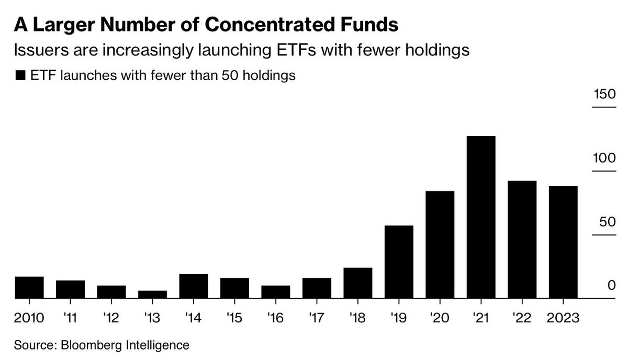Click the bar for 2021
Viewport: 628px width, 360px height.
(x=480, y=217)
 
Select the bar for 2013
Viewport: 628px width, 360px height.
(x=152, y=295)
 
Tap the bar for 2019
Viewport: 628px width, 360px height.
(x=399, y=262)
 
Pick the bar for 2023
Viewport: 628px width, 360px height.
(x=563, y=242)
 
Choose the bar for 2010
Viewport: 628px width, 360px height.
(x=29, y=287)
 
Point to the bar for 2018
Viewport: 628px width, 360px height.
(x=357, y=283)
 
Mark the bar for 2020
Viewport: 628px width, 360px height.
(x=440, y=244)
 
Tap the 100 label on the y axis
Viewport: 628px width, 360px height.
(x=603, y=159)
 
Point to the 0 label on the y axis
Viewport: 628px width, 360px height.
(x=611, y=285)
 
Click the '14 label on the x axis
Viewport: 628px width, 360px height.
(x=193, y=318)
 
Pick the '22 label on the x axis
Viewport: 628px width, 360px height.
(x=521, y=318)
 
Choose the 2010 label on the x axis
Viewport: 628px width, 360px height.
(x=29, y=318)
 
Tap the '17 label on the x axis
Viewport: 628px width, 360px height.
(x=316, y=318)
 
